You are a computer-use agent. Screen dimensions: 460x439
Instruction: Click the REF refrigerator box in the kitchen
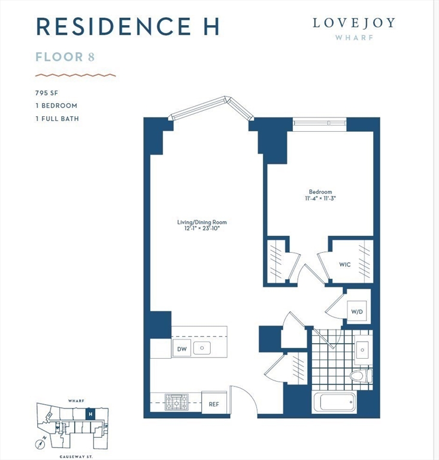pyautogui.click(x=214, y=404)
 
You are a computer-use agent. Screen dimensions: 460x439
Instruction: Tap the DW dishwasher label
pyautogui.click(x=181, y=349)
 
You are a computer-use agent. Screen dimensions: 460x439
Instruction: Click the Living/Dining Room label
pyautogui.click(x=202, y=222)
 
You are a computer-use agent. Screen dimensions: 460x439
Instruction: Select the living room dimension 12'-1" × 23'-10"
pyautogui.click(x=202, y=228)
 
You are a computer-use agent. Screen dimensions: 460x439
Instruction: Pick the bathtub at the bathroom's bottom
pyautogui.click(x=338, y=402)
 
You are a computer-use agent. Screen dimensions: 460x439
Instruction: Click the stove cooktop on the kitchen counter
pyautogui.click(x=177, y=401)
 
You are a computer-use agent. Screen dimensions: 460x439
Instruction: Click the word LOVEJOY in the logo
pyautogui.click(x=353, y=23)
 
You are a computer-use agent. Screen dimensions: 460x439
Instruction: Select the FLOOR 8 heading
pyautogui.click(x=65, y=57)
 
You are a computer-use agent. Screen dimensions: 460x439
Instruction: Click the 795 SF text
pyautogui.click(x=48, y=93)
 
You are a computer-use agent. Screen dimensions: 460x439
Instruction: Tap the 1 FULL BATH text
pyautogui.click(x=56, y=118)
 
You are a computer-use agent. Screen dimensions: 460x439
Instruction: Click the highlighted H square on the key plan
pyautogui.click(x=90, y=413)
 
